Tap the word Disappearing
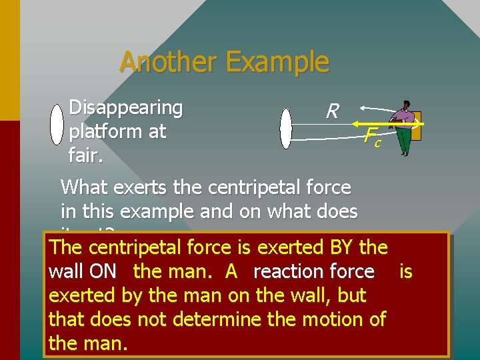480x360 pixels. click(x=126, y=107)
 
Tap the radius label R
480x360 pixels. click(x=332, y=111)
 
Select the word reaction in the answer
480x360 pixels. click(x=283, y=271)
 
